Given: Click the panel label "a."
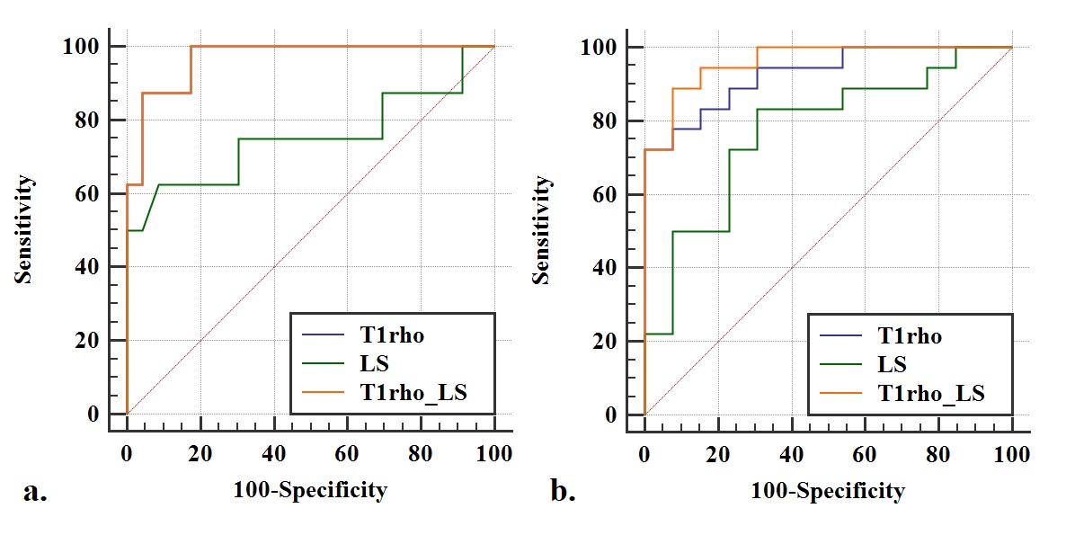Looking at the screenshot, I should tap(35, 491).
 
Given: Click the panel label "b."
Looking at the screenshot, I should tap(562, 491).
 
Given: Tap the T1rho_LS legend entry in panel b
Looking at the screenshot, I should tap(930, 393).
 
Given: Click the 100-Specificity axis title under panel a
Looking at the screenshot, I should tap(310, 490).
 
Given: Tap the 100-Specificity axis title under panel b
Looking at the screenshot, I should tap(828, 491).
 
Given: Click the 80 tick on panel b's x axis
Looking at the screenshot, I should tap(938, 454).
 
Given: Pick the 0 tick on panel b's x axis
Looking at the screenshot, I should tap(644, 454).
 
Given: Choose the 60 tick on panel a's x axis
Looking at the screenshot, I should tap(347, 453).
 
